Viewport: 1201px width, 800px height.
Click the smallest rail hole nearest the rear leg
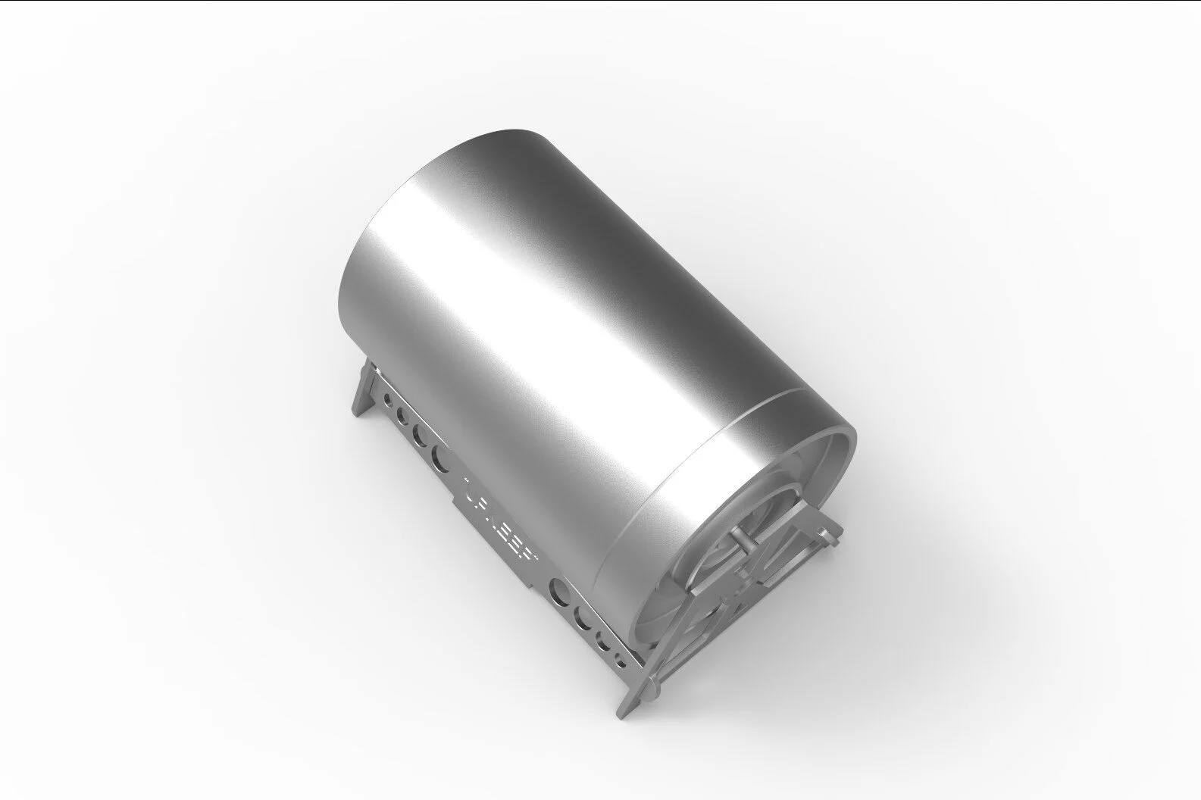click(x=387, y=397)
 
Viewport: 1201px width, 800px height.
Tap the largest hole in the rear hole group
click(x=439, y=455)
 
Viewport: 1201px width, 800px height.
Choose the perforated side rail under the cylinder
click(x=485, y=523)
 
